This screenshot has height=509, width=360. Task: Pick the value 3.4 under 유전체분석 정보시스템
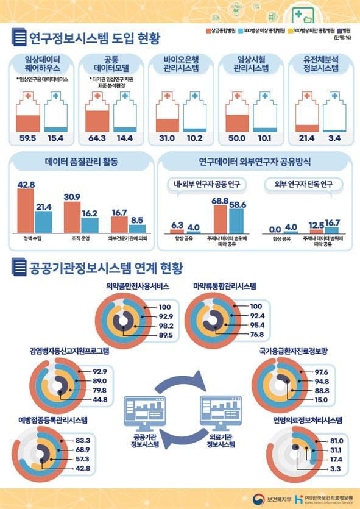coord(333,139)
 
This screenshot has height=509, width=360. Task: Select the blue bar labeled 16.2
coord(90,222)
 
